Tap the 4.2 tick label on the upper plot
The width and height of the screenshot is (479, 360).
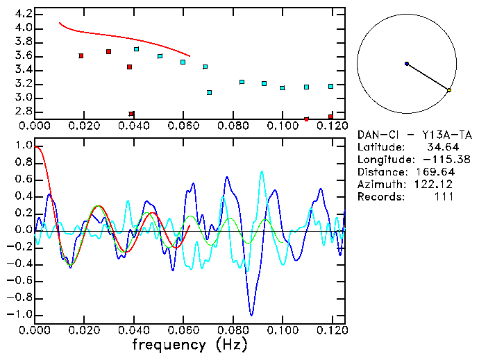[x=23, y=14]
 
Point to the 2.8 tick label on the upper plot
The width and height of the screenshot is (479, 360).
[x=23, y=112]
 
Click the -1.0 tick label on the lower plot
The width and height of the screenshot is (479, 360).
[x=20, y=314]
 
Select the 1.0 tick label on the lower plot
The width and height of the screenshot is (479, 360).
[x=23, y=146]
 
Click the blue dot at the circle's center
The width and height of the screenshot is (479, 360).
[x=407, y=64]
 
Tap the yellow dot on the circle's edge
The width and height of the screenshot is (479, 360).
[x=449, y=90]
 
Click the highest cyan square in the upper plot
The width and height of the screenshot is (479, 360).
[x=137, y=49]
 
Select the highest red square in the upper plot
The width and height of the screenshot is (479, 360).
[x=108, y=51]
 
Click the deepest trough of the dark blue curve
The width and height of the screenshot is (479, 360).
[x=251, y=315]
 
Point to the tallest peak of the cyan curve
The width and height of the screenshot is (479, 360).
[x=261, y=171]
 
